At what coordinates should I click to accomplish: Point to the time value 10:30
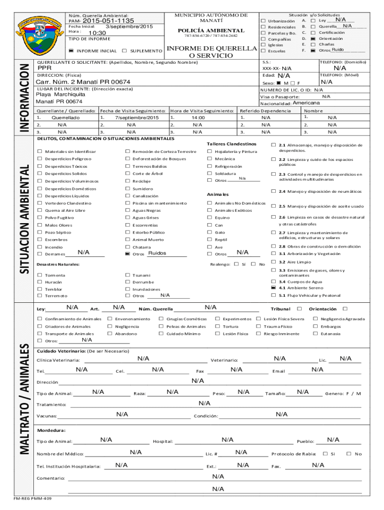[94, 32]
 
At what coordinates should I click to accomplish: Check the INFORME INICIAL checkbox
[71, 51]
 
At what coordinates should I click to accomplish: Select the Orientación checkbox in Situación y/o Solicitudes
[312, 38]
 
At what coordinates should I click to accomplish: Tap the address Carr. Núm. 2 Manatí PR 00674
[84, 82]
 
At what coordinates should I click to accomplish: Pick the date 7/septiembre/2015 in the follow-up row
[136, 118]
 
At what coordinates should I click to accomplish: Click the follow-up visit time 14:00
[198, 118]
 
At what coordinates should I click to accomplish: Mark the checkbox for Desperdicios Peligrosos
[40, 159]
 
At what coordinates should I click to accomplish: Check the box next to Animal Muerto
[128, 240]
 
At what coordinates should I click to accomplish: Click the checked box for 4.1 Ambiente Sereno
[273, 287]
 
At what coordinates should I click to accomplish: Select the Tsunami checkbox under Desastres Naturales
[128, 275]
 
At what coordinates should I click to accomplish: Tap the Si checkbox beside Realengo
[236, 264]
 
